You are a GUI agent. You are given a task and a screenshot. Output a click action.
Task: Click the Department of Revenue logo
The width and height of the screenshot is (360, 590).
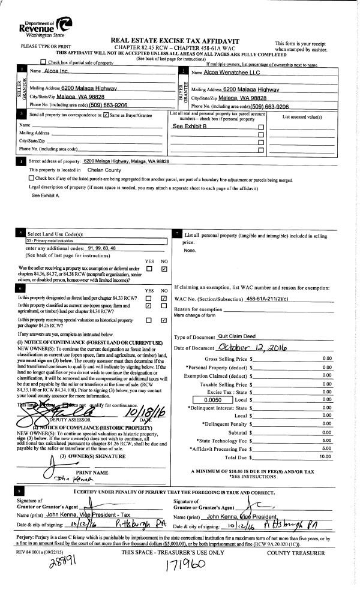pos(46,26)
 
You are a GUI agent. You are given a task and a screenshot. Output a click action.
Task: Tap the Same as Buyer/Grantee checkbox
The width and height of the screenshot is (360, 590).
pos(106,114)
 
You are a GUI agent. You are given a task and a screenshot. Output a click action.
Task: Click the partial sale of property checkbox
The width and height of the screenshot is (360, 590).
pos(43,62)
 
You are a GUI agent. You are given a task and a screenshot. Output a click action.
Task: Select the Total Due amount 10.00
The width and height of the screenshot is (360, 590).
pos(326,457)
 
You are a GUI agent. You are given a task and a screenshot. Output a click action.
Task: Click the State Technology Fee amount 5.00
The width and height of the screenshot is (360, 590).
pos(327,440)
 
